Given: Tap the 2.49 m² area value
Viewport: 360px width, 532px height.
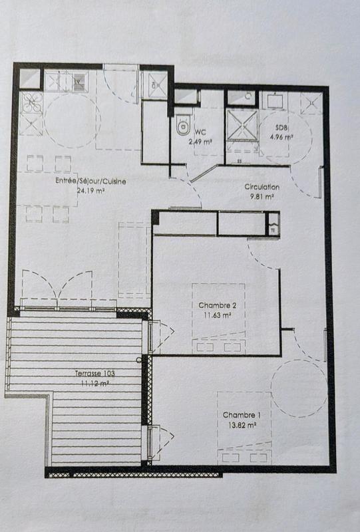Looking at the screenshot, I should pyautogui.click(x=200, y=142).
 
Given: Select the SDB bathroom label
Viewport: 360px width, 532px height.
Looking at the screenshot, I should pyautogui.click(x=281, y=129).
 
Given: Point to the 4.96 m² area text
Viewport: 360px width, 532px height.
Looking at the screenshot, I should pyautogui.click(x=281, y=138).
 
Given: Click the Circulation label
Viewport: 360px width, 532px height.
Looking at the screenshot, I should pyautogui.click(x=262, y=188).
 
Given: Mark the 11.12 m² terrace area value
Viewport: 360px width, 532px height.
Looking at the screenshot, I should pyautogui.click(x=95, y=384).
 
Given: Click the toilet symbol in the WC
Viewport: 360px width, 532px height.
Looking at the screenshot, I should pyautogui.click(x=182, y=126).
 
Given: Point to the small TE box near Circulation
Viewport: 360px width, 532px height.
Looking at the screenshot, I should pyautogui.click(x=272, y=229).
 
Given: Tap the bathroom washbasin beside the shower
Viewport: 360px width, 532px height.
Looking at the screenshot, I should pyautogui.click(x=275, y=100).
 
